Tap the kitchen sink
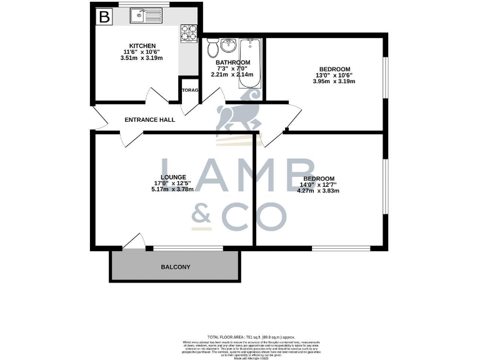click(x=145, y=16)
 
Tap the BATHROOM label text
click(x=232, y=62)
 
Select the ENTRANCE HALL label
click(x=149, y=119)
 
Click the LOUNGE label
click(x=174, y=177)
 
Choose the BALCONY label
click(x=176, y=267)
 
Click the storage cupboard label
click(x=190, y=91)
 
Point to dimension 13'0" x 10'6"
click(x=334, y=75)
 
